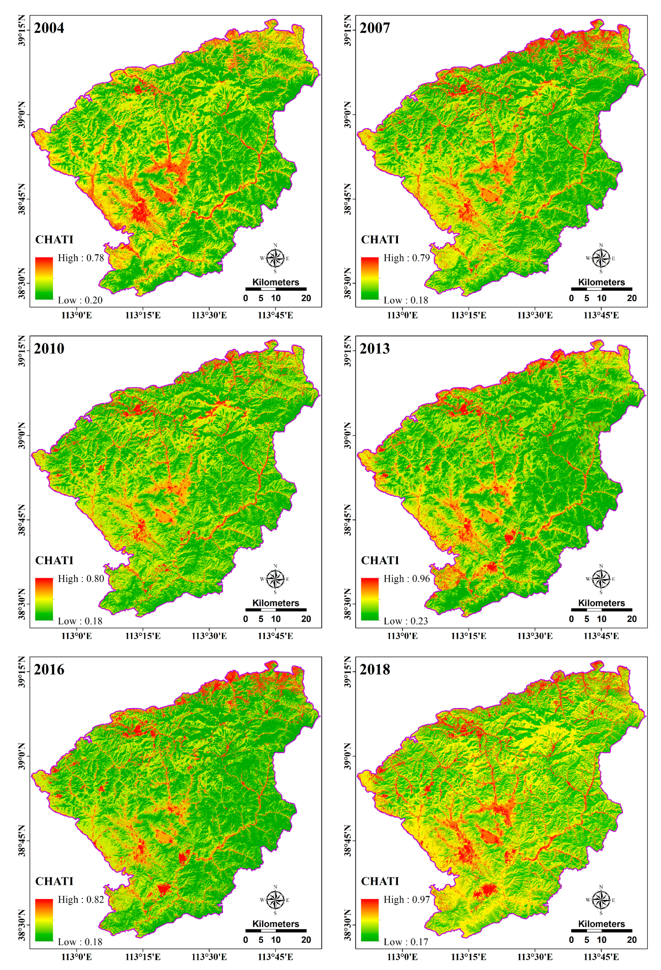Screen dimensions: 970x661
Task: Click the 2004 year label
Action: tap(49, 28)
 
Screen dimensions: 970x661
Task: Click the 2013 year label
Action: tap(375, 349)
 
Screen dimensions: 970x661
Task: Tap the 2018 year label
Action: tap(375, 669)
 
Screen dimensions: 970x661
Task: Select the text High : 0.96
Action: tap(407, 579)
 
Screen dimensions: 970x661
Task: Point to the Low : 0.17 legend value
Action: tap(406, 941)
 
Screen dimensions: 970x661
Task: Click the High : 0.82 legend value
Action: tap(81, 899)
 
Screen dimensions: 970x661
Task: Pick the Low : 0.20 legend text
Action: tap(80, 300)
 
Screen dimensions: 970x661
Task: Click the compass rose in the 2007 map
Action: tap(601, 258)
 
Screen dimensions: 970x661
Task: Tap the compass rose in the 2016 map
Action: tap(275, 900)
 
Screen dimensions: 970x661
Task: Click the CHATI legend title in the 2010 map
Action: tap(54, 560)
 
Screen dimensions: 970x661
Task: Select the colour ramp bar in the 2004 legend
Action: tap(44, 278)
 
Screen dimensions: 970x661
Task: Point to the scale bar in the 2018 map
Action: tap(601, 931)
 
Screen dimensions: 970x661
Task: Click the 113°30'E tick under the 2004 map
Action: tap(209, 315)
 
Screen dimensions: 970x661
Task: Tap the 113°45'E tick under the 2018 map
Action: tap(601, 957)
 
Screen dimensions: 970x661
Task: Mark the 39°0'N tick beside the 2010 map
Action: tap(22, 435)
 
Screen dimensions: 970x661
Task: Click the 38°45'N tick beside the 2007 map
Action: tap(348, 199)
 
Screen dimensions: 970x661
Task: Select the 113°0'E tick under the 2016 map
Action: tap(76, 957)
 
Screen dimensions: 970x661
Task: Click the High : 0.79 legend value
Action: tap(407, 258)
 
